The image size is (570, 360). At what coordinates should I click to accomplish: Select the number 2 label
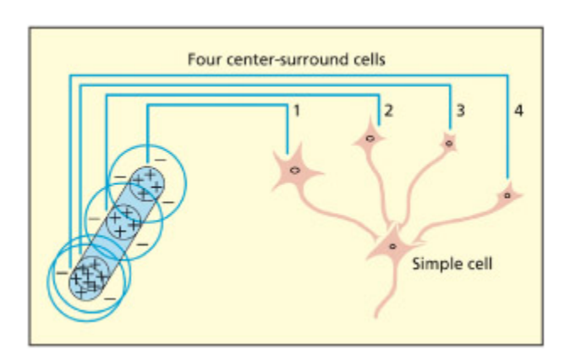click(388, 110)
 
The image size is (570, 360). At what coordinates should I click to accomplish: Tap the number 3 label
click(460, 110)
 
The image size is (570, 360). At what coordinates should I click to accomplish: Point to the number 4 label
click(518, 110)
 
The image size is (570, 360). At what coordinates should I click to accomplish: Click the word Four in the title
click(205, 61)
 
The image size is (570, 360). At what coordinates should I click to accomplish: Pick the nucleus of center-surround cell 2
click(370, 138)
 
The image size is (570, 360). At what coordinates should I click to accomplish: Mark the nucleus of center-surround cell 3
click(449, 143)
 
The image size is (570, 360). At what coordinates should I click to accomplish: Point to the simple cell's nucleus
click(392, 247)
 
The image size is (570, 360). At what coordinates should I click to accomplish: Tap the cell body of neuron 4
click(508, 194)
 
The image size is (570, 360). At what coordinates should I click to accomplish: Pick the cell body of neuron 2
click(370, 139)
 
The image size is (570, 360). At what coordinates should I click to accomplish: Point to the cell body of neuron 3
click(449, 144)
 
